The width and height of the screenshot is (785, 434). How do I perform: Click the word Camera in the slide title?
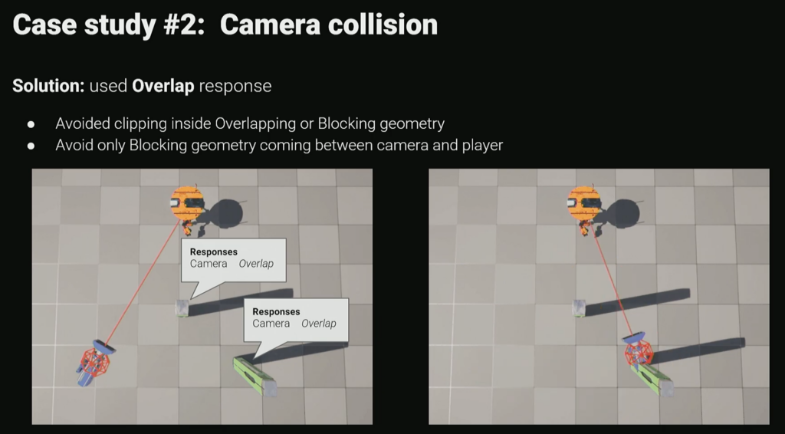pos(270,25)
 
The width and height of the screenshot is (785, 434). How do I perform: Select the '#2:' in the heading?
pos(184,25)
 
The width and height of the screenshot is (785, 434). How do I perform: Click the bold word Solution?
pos(48,86)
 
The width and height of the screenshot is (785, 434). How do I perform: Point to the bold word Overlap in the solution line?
pos(163,86)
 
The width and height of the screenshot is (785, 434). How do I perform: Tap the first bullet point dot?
pos(31,124)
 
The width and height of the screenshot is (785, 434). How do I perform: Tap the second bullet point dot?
pos(31,146)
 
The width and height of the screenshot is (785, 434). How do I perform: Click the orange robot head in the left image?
pos(187,203)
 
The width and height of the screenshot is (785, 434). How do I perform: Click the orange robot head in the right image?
pos(583,203)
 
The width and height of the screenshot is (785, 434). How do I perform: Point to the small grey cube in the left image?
pos(182,308)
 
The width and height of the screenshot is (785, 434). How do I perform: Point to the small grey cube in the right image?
pos(579,308)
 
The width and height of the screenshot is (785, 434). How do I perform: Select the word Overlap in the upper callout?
pos(256,264)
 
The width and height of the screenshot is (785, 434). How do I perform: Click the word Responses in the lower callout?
pos(276,312)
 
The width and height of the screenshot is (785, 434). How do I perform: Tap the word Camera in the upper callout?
pos(209,264)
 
